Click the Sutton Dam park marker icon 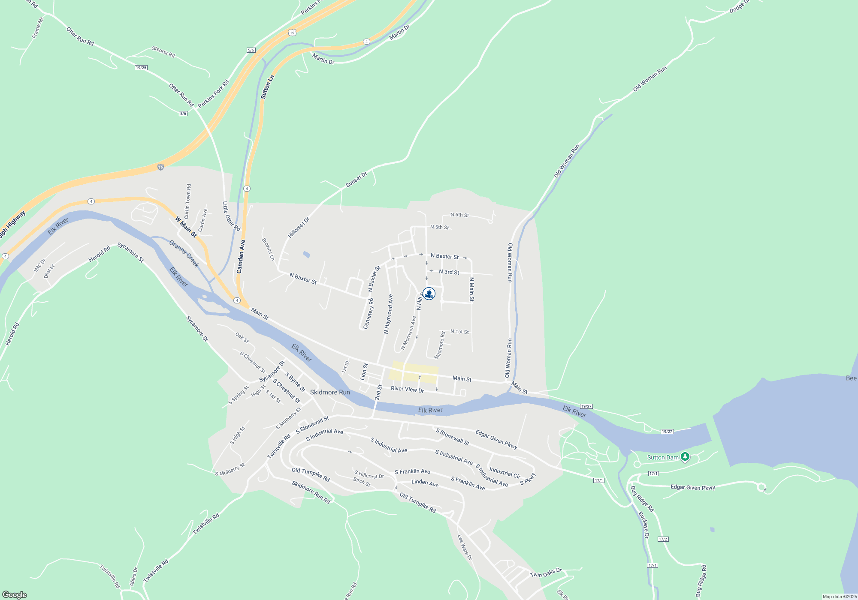pyautogui.click(x=685, y=457)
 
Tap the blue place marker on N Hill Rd pyautogui.click(x=429, y=294)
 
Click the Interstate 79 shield pyautogui.click(x=160, y=167)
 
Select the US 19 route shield pyautogui.click(x=292, y=33)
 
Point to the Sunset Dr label pyautogui.click(x=356, y=180)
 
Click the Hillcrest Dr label pyautogui.click(x=299, y=228)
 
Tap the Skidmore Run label pyautogui.click(x=330, y=392)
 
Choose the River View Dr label pyautogui.click(x=407, y=390)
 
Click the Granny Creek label pyautogui.click(x=184, y=254)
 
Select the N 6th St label pyautogui.click(x=459, y=215)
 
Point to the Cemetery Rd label pyautogui.click(x=369, y=314)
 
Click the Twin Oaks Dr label pyautogui.click(x=545, y=573)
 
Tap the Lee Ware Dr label pyautogui.click(x=465, y=547)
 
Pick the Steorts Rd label pyautogui.click(x=163, y=52)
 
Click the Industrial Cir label pyautogui.click(x=505, y=473)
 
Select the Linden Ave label pyautogui.click(x=425, y=483)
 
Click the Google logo pyautogui.click(x=15, y=595)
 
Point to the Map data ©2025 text pyautogui.click(x=840, y=597)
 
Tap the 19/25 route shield pyautogui.click(x=141, y=68)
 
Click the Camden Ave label pyautogui.click(x=241, y=256)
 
